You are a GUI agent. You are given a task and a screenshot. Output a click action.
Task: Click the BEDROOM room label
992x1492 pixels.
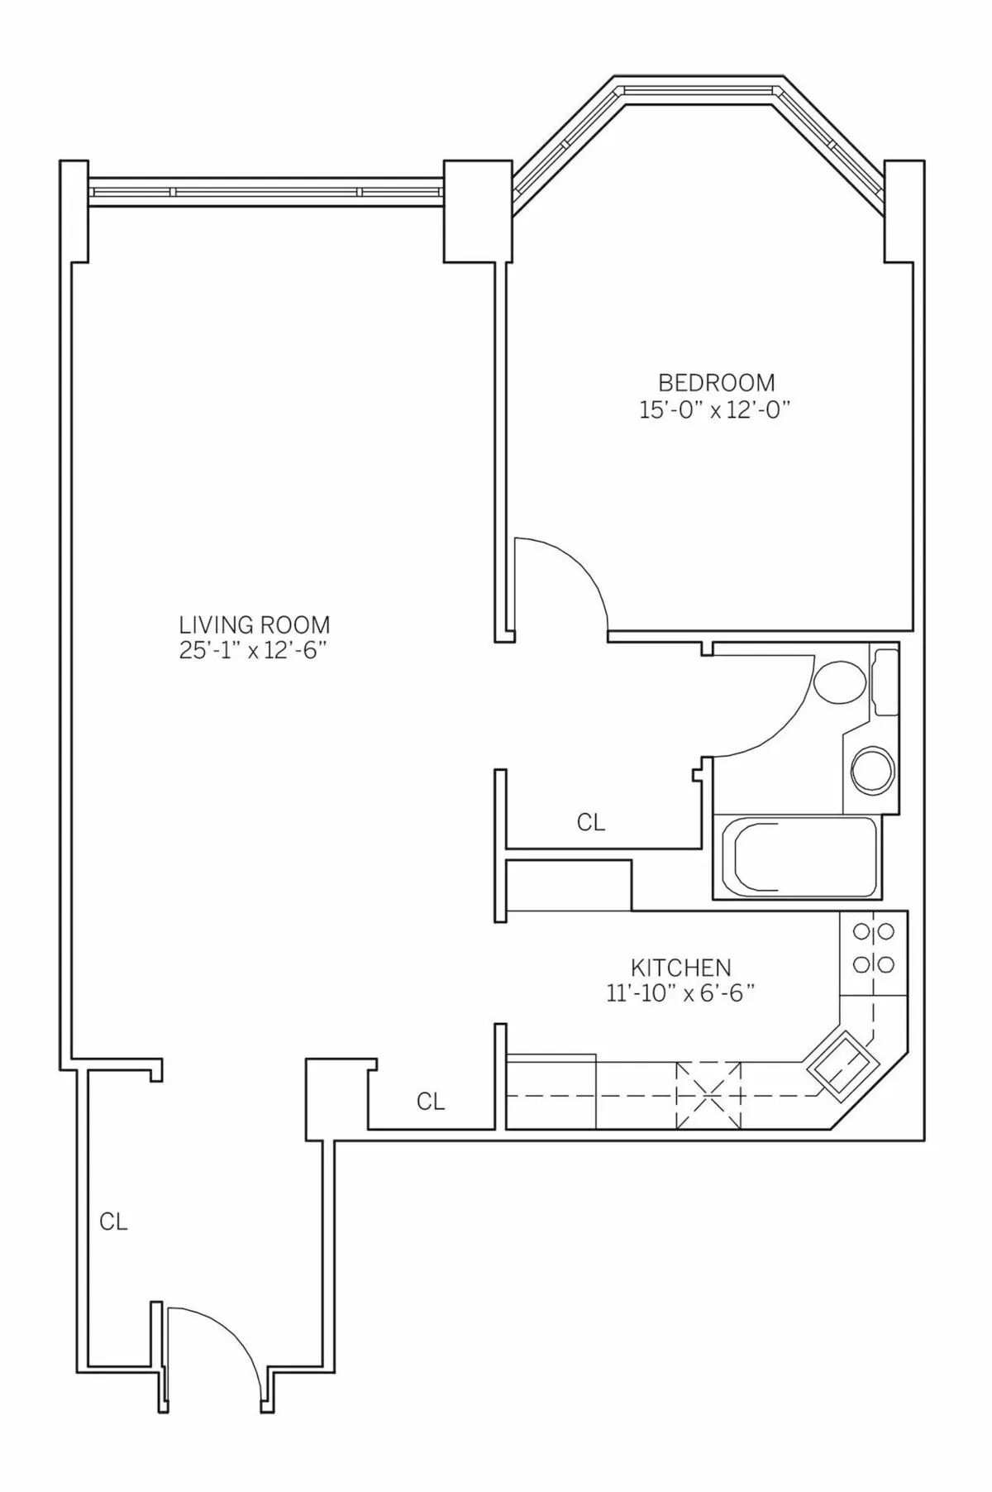[x=716, y=383]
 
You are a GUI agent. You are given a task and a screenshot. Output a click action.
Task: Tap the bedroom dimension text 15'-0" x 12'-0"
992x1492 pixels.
[x=716, y=411]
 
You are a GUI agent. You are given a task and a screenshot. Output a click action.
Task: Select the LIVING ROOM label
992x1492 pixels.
[x=255, y=624]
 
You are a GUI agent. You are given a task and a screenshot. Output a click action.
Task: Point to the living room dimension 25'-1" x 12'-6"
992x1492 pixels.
[x=255, y=651]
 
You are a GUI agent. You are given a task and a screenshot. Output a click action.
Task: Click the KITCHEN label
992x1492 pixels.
[x=680, y=967]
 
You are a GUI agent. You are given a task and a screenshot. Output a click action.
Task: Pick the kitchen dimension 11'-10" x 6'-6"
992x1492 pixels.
[x=680, y=993]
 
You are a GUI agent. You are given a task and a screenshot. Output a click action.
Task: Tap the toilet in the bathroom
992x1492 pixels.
[x=839, y=682]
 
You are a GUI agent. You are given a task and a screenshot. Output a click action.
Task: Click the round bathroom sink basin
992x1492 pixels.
[x=873, y=771]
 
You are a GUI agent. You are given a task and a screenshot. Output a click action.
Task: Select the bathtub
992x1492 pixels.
[x=795, y=857]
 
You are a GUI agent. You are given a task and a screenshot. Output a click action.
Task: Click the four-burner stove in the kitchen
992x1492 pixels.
[x=873, y=949]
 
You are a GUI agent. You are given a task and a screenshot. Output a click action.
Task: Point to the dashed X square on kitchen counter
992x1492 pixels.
[x=709, y=1095]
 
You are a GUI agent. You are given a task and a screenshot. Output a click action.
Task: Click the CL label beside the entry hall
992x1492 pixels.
[x=113, y=1222]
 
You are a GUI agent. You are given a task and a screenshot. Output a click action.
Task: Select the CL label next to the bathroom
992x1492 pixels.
[x=590, y=823]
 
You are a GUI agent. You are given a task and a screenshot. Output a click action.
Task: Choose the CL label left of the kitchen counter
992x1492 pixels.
[x=430, y=1102]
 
